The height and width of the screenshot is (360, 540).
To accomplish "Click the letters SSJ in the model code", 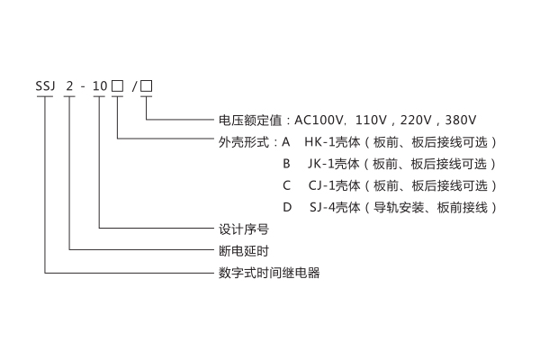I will pyautogui.click(x=45, y=87).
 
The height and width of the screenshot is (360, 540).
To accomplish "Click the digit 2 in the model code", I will pyautogui.click(x=72, y=87).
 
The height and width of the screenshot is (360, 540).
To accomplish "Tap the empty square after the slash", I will pyautogui.click(x=147, y=86).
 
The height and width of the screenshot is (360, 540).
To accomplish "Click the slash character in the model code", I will pyautogui.click(x=133, y=87).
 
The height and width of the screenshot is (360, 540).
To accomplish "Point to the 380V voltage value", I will pyautogui.click(x=459, y=119).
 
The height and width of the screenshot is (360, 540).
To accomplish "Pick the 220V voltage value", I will pyautogui.click(x=412, y=119).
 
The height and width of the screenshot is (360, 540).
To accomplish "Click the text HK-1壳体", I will pyautogui.click(x=332, y=141).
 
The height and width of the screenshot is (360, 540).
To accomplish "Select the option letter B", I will pyautogui.click(x=285, y=164).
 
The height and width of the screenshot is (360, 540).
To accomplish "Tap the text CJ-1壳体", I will pyautogui.click(x=334, y=185).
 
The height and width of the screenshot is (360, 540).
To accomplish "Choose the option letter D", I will pyautogui.click(x=286, y=207).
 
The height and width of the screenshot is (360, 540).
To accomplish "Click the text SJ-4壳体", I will pyautogui.click(x=334, y=207).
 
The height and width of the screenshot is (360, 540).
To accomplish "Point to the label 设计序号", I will pyautogui.click(x=238, y=229).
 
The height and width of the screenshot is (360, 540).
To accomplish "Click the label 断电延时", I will pyautogui.click(x=238, y=250).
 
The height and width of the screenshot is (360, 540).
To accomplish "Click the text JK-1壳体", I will pyautogui.click(x=334, y=164).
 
